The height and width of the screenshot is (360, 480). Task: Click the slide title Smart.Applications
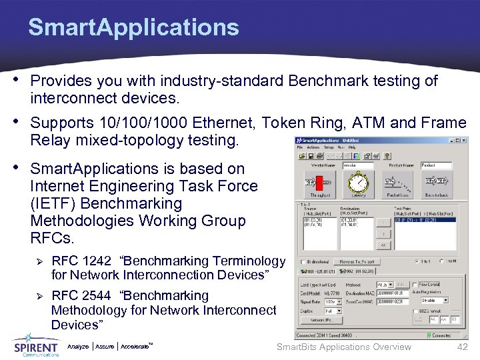coord(133,27)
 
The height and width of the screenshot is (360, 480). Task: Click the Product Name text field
coord(436,165)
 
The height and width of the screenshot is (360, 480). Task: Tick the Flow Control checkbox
coord(415,285)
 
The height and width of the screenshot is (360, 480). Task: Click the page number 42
coord(462,347)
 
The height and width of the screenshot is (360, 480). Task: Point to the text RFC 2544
coord(81,295)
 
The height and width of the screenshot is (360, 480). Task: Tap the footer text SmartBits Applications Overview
coord(343,347)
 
